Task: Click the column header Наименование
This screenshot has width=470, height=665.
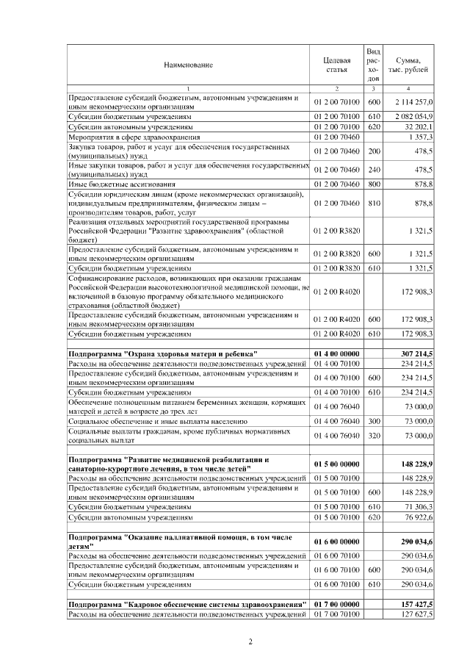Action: pyautogui.click(x=189, y=65)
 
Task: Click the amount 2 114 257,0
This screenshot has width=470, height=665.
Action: pyautogui.click(x=414, y=101)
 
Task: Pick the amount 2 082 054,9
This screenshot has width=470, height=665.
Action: pyautogui.click(x=414, y=116)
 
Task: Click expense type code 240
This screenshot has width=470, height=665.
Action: pyautogui.click(x=373, y=169)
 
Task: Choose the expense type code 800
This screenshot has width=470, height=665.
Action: pyautogui.click(x=373, y=184)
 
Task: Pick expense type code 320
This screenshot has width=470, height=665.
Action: pyautogui.click(x=373, y=436)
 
